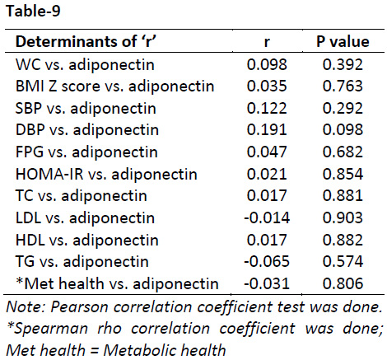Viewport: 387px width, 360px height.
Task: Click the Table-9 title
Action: (x=33, y=12)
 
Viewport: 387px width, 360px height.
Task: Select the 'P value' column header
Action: (x=343, y=42)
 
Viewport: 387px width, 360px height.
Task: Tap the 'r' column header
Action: (x=267, y=43)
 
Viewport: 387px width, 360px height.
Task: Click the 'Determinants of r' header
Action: (x=86, y=42)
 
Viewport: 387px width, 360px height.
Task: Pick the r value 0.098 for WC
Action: (x=267, y=64)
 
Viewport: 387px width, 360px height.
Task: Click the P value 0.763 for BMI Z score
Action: (x=343, y=86)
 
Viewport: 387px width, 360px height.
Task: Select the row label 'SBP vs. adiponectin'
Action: (x=86, y=108)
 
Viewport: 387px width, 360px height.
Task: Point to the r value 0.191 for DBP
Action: (x=267, y=130)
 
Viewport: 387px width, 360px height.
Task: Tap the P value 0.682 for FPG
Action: (x=343, y=152)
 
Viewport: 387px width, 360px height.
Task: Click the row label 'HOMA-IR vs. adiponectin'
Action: (x=106, y=174)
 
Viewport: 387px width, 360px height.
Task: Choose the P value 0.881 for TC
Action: (x=343, y=196)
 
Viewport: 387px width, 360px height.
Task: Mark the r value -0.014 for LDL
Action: (x=267, y=217)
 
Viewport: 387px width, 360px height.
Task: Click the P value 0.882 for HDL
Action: (x=343, y=240)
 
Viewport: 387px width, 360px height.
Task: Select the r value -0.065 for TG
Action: (x=267, y=261)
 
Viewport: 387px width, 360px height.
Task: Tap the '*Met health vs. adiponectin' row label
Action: (x=117, y=283)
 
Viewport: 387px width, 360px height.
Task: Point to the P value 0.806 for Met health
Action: (x=343, y=283)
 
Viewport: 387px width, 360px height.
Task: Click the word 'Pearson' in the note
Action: (x=79, y=307)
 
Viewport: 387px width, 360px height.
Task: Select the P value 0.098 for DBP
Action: (x=343, y=130)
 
